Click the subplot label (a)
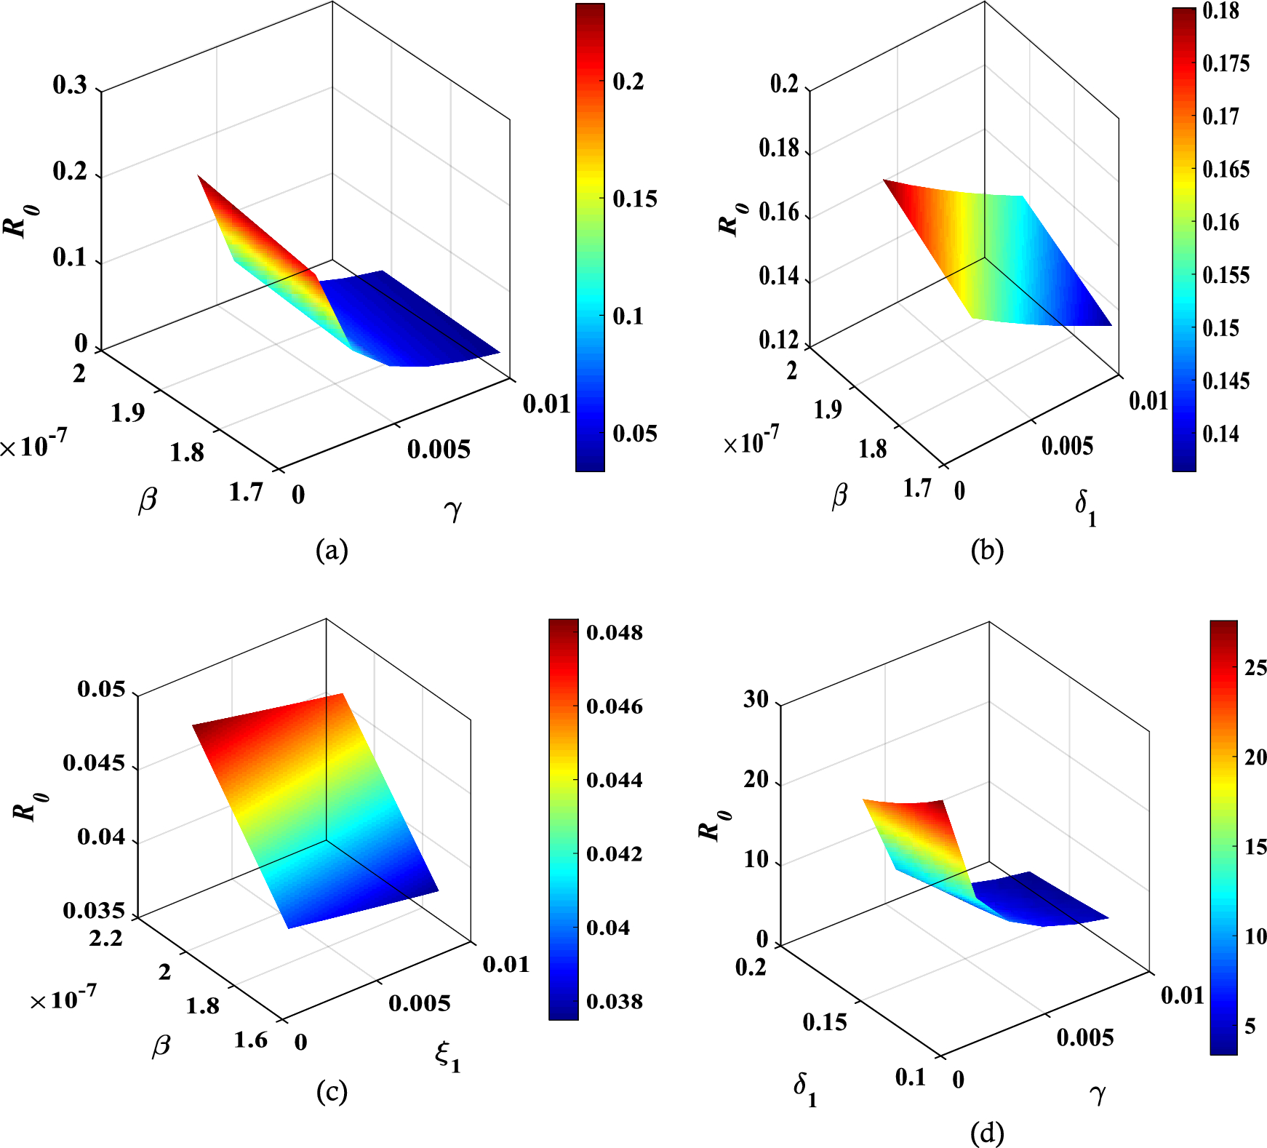pyautogui.click(x=332, y=550)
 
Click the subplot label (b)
pyautogui.click(x=987, y=550)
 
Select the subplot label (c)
pyautogui.click(x=332, y=1091)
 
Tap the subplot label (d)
pyautogui.click(x=987, y=1133)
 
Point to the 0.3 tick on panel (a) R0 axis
pyautogui.click(x=70, y=85)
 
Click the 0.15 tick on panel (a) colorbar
pyautogui.click(x=634, y=199)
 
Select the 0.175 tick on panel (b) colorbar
pyautogui.click(x=1226, y=63)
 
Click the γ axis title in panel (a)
pyautogui.click(x=452, y=510)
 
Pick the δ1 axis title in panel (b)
pyautogui.click(x=1085, y=506)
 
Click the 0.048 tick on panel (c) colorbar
pyautogui.click(x=615, y=632)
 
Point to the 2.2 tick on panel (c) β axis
pyautogui.click(x=106, y=938)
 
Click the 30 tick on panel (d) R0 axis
pyautogui.click(x=756, y=700)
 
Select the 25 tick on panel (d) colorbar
pyautogui.click(x=1255, y=668)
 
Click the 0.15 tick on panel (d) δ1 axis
pyautogui.click(x=825, y=1022)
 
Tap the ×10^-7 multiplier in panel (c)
pyautogui.click(x=63, y=998)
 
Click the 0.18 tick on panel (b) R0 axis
pyautogui.click(x=778, y=148)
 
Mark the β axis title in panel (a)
pyautogui.click(x=148, y=501)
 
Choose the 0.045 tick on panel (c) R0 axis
pyautogui.click(x=94, y=763)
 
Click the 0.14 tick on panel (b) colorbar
pyautogui.click(x=1220, y=434)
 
